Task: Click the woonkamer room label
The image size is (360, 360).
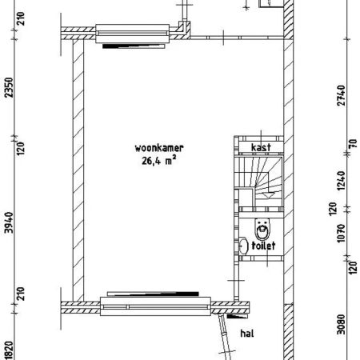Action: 159,148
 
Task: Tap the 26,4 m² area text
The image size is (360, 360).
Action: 159,161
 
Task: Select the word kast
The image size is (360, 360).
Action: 261,147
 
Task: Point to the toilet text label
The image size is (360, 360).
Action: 263,246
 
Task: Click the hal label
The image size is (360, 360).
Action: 247,334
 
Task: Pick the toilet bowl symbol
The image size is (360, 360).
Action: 262,229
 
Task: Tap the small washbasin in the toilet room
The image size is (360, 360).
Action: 242,246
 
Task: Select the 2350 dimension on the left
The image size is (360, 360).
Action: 9,87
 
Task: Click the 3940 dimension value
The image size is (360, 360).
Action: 9,222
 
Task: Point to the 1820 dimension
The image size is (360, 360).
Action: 9,350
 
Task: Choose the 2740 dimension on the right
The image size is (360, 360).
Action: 341,95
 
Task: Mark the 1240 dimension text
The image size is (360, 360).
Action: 341,181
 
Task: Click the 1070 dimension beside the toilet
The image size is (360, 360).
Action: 341,233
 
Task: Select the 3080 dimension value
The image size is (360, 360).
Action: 341,324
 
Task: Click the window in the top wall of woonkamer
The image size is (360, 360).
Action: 133,34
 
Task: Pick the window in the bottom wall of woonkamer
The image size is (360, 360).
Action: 156,306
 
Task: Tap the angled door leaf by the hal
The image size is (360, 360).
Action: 226,337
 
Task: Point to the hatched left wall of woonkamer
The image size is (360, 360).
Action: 78,170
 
